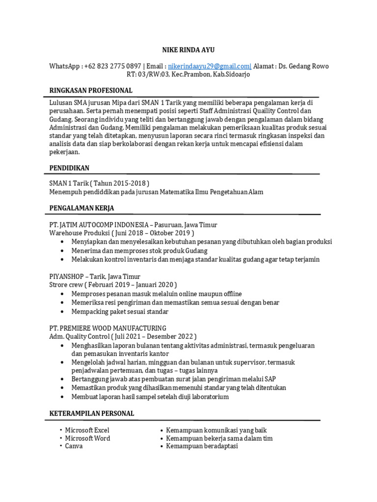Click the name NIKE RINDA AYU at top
click(188, 50)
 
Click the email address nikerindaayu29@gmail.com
click(209, 66)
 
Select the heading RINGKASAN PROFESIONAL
click(91, 91)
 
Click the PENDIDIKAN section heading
click(69, 168)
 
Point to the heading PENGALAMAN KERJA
click(81, 208)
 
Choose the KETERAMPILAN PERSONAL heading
click(92, 414)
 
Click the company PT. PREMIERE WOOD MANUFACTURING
click(108, 328)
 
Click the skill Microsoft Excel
click(87, 430)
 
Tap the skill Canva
click(74, 447)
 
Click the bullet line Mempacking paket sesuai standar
click(120, 311)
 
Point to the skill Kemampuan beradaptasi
click(202, 447)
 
